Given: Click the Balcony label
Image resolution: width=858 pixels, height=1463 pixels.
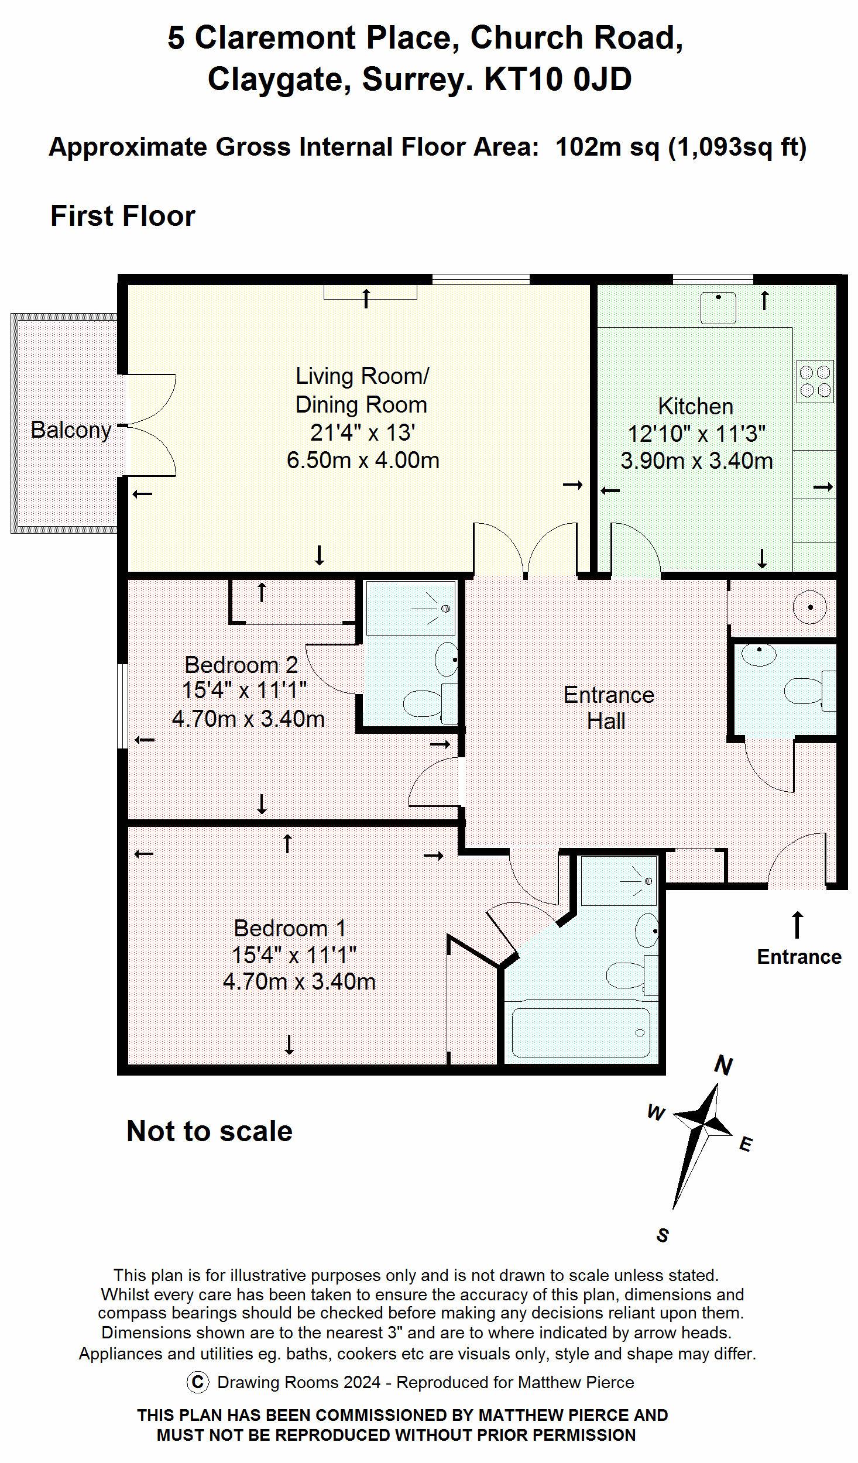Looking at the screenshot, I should pos(71,430).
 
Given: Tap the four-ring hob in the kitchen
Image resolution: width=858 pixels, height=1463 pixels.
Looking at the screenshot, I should pos(815,381).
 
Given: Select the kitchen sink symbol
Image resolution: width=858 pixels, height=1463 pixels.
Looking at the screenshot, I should pos(719,307).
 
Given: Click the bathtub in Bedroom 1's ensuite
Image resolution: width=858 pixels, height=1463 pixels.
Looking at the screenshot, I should pos(581,1033).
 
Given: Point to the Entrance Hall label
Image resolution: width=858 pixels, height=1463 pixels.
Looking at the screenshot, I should pos(608,708).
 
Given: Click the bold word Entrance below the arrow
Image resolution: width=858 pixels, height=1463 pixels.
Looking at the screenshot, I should pos(799,957).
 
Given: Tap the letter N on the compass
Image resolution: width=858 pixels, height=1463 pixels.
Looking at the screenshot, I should pos(723,1066).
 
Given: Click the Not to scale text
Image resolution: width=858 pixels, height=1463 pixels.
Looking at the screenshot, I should pos(210,1131).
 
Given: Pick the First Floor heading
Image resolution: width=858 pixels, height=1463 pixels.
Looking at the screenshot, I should pos(123,216).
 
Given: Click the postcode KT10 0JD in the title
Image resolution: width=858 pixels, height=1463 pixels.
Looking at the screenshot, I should pos(558,79).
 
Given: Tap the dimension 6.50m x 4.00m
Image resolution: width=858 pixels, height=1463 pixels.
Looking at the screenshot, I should pos(363,460).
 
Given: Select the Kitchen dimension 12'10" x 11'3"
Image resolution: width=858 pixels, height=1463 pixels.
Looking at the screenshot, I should pos(696,434).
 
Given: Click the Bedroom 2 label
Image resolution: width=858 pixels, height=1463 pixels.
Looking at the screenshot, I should pos(241,665).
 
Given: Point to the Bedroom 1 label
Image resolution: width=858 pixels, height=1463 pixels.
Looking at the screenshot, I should pos(290,928).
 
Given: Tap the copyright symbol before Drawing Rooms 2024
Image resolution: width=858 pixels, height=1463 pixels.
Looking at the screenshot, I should pos(198,1383).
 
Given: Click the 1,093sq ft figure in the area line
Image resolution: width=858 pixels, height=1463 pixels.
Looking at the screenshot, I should pos(737,146).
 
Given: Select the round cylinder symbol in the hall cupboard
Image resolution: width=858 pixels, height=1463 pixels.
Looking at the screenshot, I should pos(811,607).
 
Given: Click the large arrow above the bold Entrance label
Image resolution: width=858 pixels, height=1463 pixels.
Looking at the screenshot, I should pos(797,925).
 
